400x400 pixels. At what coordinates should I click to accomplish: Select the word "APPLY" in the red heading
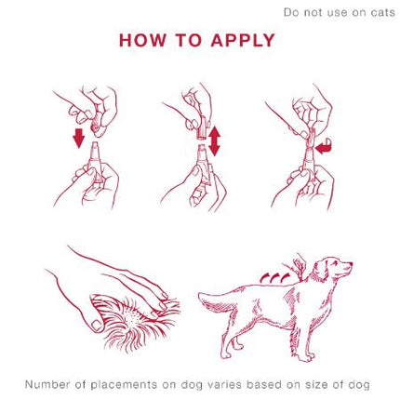(241, 41)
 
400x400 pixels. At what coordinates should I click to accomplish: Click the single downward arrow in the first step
(78, 138)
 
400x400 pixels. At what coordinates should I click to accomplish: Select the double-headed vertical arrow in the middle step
(214, 140)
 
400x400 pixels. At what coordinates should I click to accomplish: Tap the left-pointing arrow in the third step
(323, 146)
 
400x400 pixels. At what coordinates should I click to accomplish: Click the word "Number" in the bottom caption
(47, 383)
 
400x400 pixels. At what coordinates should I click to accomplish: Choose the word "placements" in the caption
(127, 383)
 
